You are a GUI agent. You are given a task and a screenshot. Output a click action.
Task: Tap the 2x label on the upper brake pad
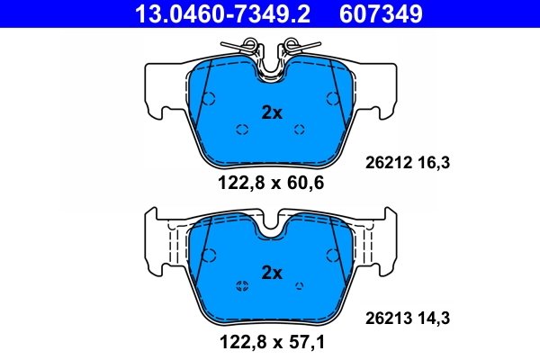point(271,112)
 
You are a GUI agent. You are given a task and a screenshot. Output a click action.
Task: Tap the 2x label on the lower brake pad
point(271,272)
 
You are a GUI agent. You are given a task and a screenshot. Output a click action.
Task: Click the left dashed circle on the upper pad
point(241,129)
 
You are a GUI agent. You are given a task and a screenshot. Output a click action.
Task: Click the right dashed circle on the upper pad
point(301,129)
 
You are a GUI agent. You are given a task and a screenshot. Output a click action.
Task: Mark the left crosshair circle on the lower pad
point(241,287)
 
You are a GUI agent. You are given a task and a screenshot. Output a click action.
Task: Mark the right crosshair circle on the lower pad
point(301,287)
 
